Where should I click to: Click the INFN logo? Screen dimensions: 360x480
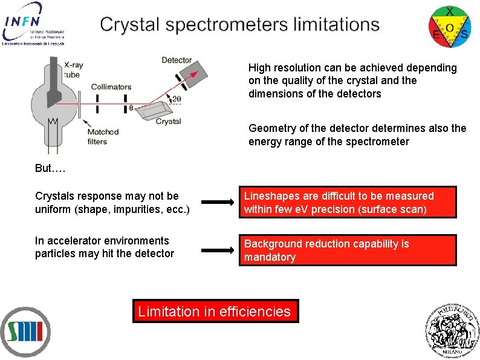tap(33, 23)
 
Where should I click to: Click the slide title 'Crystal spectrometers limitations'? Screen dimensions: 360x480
tap(240, 25)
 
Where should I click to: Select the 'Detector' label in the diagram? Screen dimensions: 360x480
tap(177, 60)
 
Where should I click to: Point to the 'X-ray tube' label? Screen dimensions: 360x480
tap(73, 70)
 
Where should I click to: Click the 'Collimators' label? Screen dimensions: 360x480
tap(111, 87)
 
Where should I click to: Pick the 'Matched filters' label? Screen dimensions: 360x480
tap(102, 137)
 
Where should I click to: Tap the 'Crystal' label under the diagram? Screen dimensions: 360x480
tap(168, 122)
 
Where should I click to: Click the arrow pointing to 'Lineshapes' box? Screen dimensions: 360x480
tap(217, 203)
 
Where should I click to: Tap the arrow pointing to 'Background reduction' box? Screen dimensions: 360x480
tap(217, 250)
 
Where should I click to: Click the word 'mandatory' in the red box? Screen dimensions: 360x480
tap(270, 257)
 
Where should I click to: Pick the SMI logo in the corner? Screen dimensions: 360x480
tap(25, 331)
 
